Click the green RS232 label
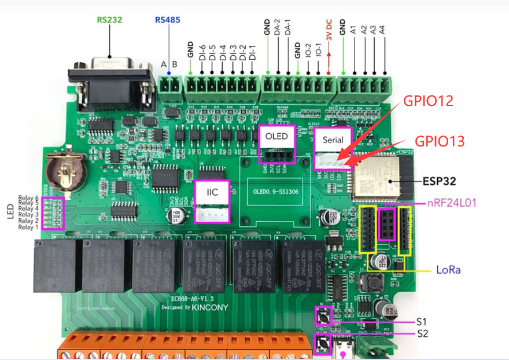click(109, 19)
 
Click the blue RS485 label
click(167, 19)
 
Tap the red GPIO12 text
click(429, 101)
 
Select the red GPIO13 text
click(441, 141)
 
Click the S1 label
click(422, 320)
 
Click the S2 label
click(422, 333)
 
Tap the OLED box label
click(276, 137)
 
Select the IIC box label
click(212, 192)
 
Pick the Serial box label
click(333, 139)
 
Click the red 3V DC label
click(329, 35)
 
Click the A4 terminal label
click(383, 31)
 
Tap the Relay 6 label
click(28, 197)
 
